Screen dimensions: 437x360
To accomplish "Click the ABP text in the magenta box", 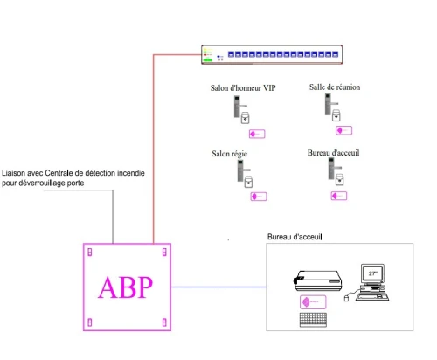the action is tap(125, 287).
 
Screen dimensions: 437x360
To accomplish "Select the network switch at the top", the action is tap(272, 54).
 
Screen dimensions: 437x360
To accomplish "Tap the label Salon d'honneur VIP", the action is tap(243, 88).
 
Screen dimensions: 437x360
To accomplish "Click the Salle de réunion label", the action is tap(335, 87).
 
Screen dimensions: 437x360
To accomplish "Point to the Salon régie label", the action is tap(230, 154).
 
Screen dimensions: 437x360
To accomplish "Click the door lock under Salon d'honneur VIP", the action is tap(241, 110).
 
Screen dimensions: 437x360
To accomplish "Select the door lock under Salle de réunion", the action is tap(332, 107).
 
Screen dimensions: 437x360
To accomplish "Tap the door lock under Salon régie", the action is tap(245, 174).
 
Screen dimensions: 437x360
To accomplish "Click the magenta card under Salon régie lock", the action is tap(259, 197).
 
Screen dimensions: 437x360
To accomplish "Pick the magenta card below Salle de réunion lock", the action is tap(343, 130).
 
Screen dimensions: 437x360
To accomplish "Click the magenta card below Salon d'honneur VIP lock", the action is tap(257, 134).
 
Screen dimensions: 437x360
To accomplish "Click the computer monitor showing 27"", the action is tap(372, 273).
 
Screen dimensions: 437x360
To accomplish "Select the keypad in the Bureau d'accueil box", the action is tap(313, 320).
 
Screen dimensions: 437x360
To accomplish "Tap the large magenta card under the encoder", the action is tap(313, 302).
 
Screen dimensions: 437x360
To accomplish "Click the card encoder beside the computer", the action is tap(317, 280).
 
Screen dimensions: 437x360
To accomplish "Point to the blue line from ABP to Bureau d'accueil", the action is tap(218, 287).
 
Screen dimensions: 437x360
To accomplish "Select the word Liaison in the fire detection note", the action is tap(13, 173).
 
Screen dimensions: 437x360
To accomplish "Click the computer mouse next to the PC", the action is tap(346, 299).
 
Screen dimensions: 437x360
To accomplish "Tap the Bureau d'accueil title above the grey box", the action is tap(295, 237).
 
